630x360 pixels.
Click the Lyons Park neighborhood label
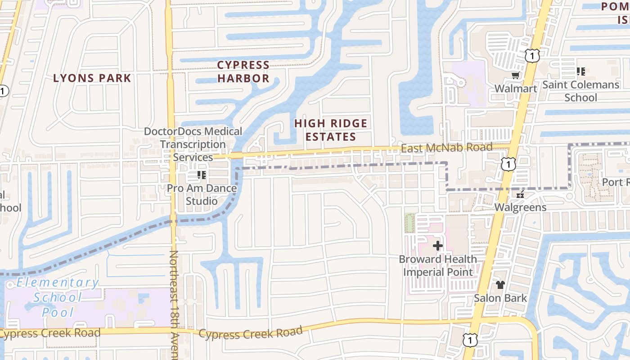[92, 78]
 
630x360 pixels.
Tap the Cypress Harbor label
[243, 72]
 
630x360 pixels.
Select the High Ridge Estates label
[331, 130]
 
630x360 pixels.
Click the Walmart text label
[516, 88]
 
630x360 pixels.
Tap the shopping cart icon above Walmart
[515, 76]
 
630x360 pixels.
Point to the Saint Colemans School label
[580, 91]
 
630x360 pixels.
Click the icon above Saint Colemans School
[581, 71]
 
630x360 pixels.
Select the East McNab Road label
[446, 148]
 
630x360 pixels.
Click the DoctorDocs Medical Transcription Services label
[193, 144]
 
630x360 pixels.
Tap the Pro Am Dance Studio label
[202, 194]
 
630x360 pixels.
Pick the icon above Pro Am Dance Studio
[201, 175]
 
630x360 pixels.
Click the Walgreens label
[520, 207]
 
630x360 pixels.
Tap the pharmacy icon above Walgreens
[520, 195]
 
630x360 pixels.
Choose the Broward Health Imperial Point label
[438, 265]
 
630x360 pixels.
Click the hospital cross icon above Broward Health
[437, 246]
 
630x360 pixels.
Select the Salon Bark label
[500, 298]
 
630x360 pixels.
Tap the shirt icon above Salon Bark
[500, 285]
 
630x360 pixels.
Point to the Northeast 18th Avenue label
[175, 306]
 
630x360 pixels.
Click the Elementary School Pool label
[58, 297]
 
